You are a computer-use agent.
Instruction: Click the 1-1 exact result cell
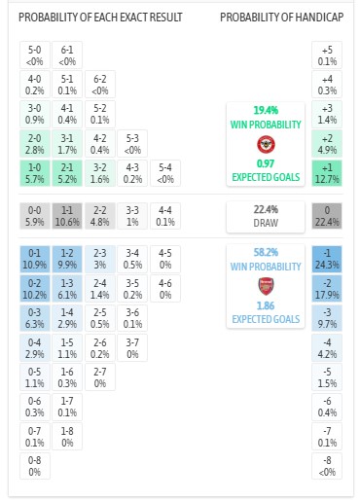[x=66, y=216]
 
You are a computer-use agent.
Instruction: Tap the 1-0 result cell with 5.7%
[x=34, y=174]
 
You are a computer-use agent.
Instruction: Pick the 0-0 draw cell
[x=34, y=216]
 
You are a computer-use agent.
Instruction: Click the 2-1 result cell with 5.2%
[x=66, y=174]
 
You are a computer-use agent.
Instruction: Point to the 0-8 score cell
[x=34, y=465]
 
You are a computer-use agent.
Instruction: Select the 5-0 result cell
[x=34, y=55]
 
